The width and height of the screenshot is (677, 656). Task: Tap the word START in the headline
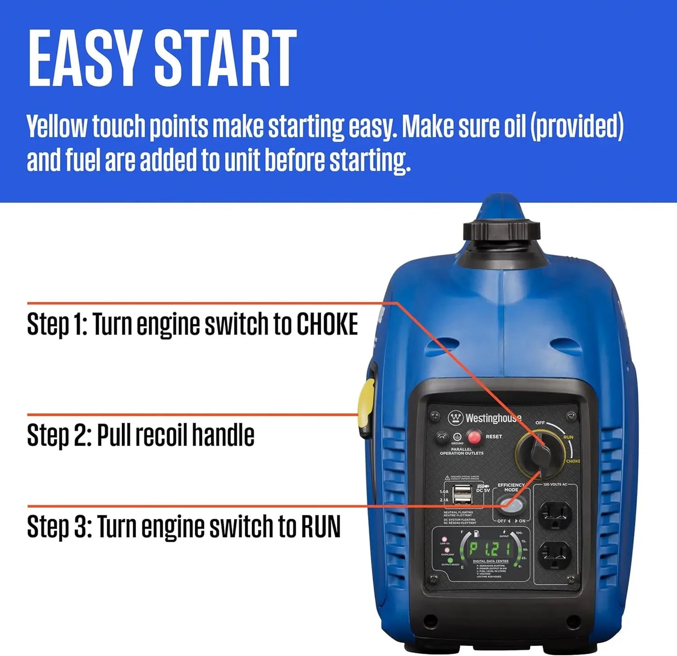[x=225, y=58]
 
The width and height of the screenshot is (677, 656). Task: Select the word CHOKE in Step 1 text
[x=327, y=324]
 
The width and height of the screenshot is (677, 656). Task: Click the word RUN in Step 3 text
[x=320, y=526]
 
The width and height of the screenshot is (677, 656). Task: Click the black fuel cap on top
[x=502, y=231]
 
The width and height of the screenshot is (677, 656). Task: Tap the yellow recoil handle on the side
[x=366, y=407]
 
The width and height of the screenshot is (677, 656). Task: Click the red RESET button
[x=474, y=437]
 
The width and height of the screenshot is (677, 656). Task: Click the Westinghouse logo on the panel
[x=485, y=417]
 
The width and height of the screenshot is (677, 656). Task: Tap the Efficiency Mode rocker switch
[x=509, y=506]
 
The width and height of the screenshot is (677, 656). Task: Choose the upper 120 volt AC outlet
[x=555, y=514]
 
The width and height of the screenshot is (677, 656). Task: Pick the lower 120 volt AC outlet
[x=555, y=555]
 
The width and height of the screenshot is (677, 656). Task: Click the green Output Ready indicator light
[x=450, y=559]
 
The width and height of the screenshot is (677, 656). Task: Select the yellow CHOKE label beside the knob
[x=573, y=461]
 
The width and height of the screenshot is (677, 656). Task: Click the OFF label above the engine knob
[x=540, y=423]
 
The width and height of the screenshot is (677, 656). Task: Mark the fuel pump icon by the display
[x=476, y=533]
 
